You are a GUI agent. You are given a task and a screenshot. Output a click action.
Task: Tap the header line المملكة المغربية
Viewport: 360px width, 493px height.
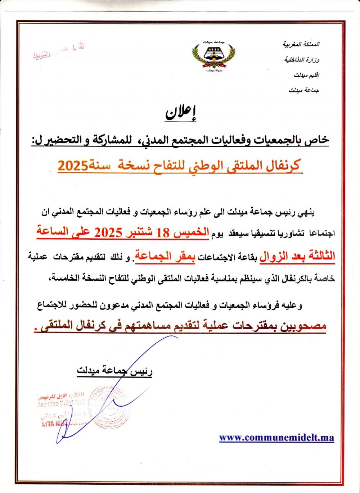[301, 45]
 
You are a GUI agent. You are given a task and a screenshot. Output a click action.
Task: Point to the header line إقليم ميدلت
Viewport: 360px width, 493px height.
[307, 75]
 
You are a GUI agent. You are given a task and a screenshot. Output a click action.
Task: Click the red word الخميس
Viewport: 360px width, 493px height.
[190, 232]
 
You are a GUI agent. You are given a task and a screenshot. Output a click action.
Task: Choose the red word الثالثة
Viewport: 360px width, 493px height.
[318, 256]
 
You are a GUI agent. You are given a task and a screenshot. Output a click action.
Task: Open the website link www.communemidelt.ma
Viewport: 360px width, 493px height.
[276, 438]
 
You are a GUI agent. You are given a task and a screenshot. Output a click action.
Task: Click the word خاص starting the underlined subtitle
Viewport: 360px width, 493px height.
[319, 140]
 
